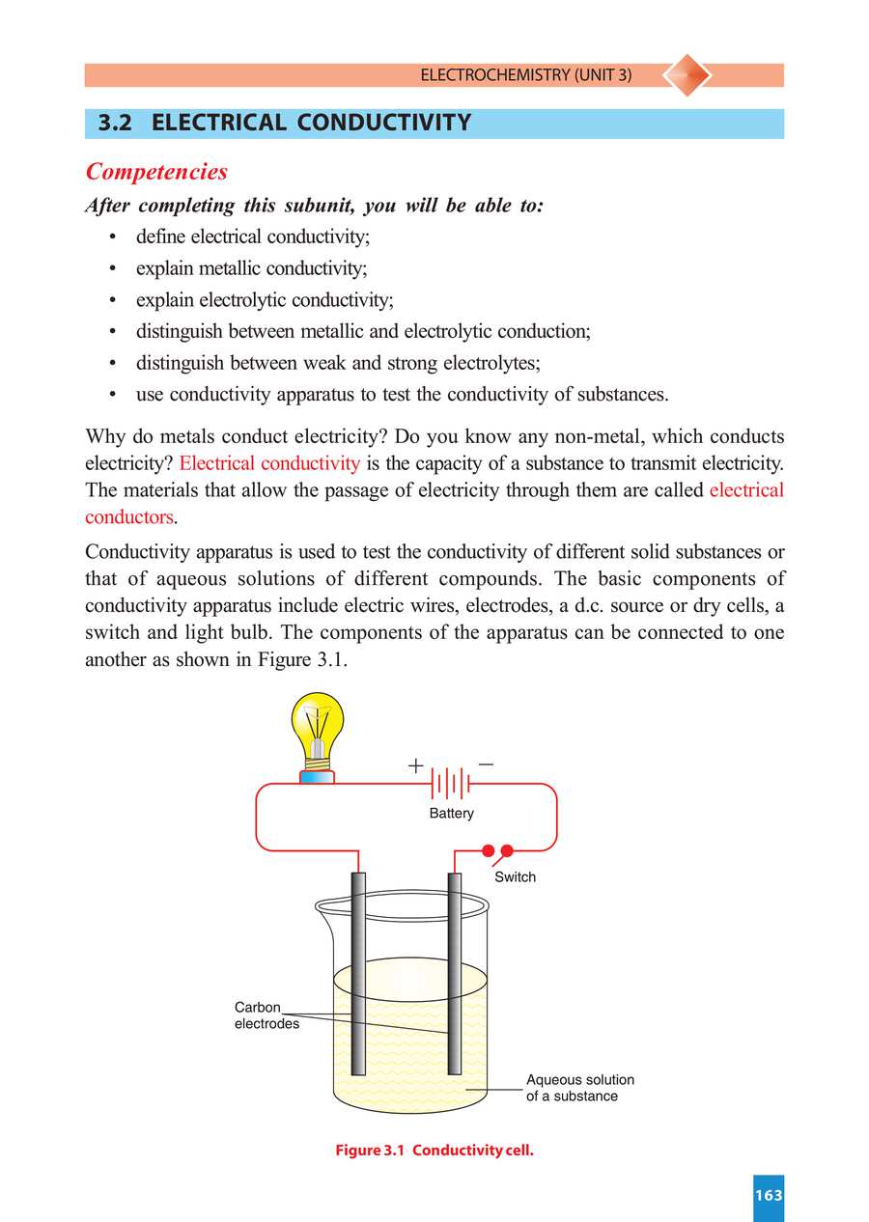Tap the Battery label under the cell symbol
pyautogui.click(x=451, y=814)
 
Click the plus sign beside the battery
pyautogui.click(x=415, y=766)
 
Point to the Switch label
pyautogui.click(x=515, y=877)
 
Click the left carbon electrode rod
pyautogui.click(x=358, y=975)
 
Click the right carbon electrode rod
pyautogui.click(x=455, y=975)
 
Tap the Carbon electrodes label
pyautogui.click(x=266, y=1015)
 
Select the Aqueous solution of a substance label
pyautogui.click(x=579, y=1088)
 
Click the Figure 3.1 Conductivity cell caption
pyautogui.click(x=434, y=1151)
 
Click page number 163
pyautogui.click(x=769, y=1196)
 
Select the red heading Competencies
pyautogui.click(x=156, y=172)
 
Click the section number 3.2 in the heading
pyautogui.click(x=115, y=124)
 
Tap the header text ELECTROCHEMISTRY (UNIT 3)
pyautogui.click(x=526, y=75)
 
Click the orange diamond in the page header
pyautogui.click(x=687, y=75)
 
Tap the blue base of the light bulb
pyautogui.click(x=317, y=777)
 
